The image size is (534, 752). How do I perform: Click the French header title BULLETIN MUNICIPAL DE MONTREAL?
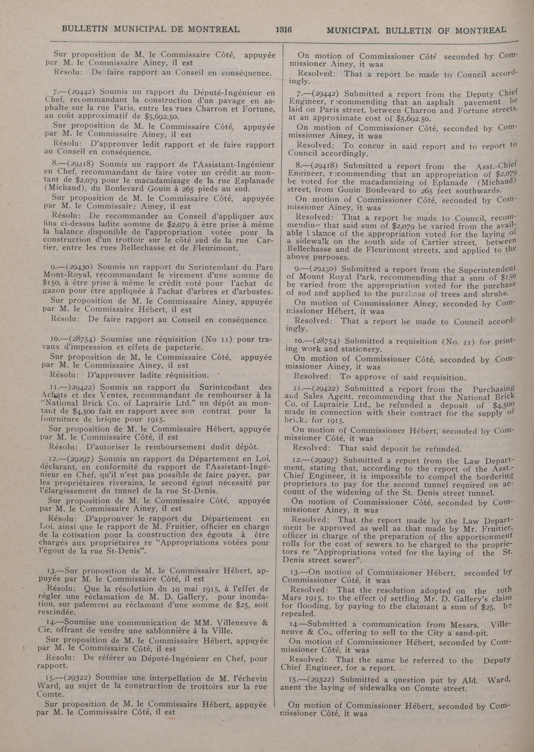(151, 29)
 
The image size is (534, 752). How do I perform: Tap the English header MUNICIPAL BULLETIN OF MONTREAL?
(416, 30)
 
